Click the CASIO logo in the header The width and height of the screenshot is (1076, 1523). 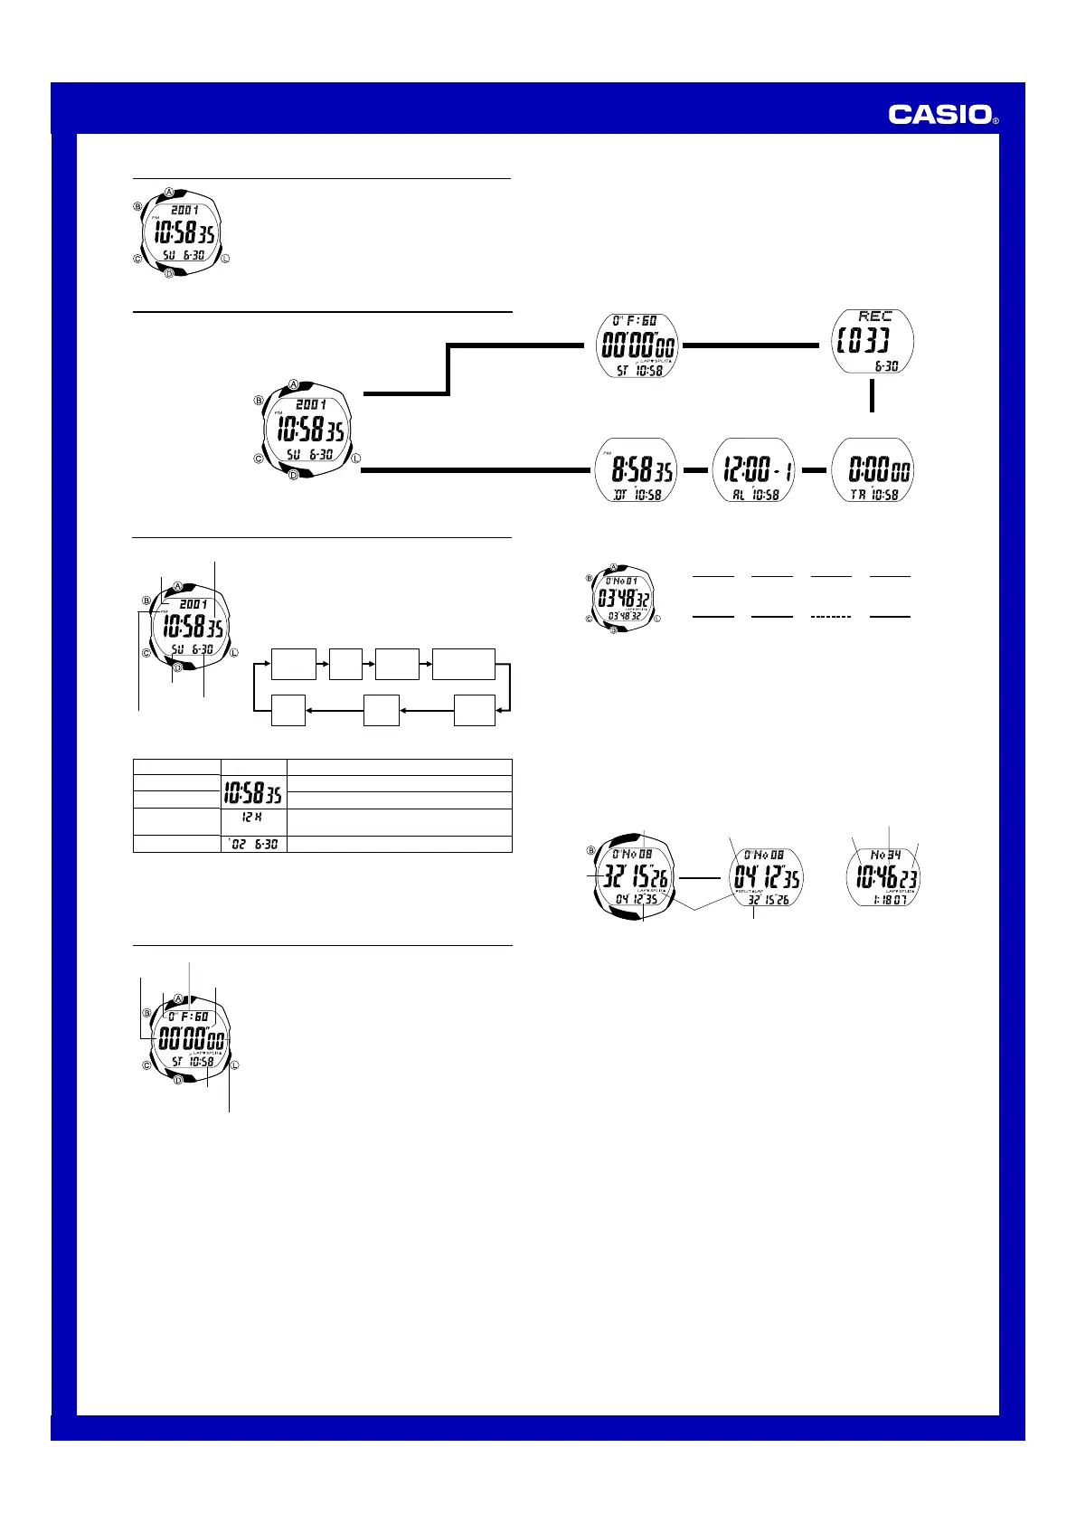[x=939, y=114]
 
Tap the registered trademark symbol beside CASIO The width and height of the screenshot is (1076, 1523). [x=996, y=119]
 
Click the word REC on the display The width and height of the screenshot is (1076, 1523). [x=874, y=317]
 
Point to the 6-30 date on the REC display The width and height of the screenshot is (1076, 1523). [x=886, y=366]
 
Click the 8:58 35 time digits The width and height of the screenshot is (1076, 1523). [x=642, y=470]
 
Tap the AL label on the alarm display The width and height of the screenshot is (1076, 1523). [x=739, y=496]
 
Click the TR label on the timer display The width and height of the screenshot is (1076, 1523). [x=858, y=496]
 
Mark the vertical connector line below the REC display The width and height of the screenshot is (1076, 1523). [x=872, y=396]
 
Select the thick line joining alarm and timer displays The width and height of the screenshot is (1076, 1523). [x=815, y=470]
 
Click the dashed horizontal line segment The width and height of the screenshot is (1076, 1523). [x=831, y=616]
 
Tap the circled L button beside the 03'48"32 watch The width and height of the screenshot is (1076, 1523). [x=657, y=620]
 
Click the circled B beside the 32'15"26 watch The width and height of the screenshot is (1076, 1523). [x=591, y=850]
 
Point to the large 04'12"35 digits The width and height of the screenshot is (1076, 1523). [x=766, y=877]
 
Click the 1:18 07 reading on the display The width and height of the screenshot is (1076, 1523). [x=884, y=900]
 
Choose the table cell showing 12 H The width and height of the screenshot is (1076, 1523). [x=253, y=818]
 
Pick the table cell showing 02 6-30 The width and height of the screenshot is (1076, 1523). [x=254, y=844]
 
